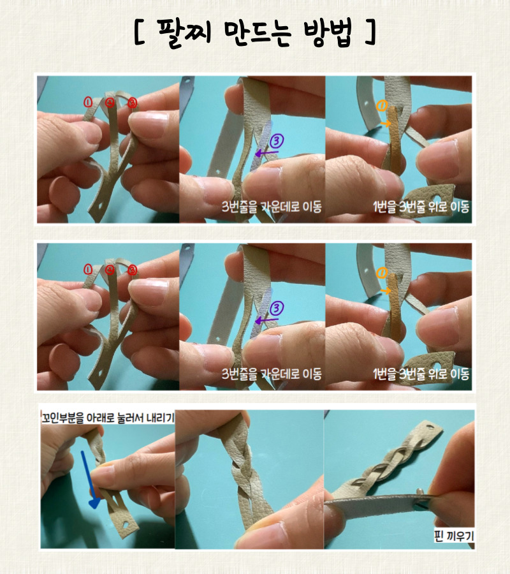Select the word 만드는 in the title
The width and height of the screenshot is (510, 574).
(x=257, y=33)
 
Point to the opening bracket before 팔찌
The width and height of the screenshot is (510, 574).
(x=140, y=33)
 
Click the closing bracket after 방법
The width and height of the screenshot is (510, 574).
(x=370, y=33)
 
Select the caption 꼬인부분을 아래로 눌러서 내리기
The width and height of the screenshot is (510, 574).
(x=108, y=418)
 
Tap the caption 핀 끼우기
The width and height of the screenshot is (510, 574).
(x=454, y=536)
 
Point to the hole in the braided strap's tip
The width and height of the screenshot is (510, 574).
(x=429, y=427)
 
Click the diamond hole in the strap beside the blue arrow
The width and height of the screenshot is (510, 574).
(x=126, y=524)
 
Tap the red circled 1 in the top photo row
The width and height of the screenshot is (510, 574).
(x=88, y=102)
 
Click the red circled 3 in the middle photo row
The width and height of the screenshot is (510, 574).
(x=132, y=270)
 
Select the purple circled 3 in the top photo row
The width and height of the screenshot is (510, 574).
(x=277, y=140)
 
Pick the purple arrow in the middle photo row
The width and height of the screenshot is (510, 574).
(x=266, y=321)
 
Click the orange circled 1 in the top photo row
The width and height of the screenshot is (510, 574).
(x=382, y=106)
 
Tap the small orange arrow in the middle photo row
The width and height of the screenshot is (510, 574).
(x=385, y=291)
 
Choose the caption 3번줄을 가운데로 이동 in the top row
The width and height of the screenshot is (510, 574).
(x=272, y=207)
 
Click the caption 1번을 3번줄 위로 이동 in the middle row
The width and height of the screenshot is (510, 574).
(x=421, y=374)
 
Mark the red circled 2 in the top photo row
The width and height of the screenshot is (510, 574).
(x=110, y=103)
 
